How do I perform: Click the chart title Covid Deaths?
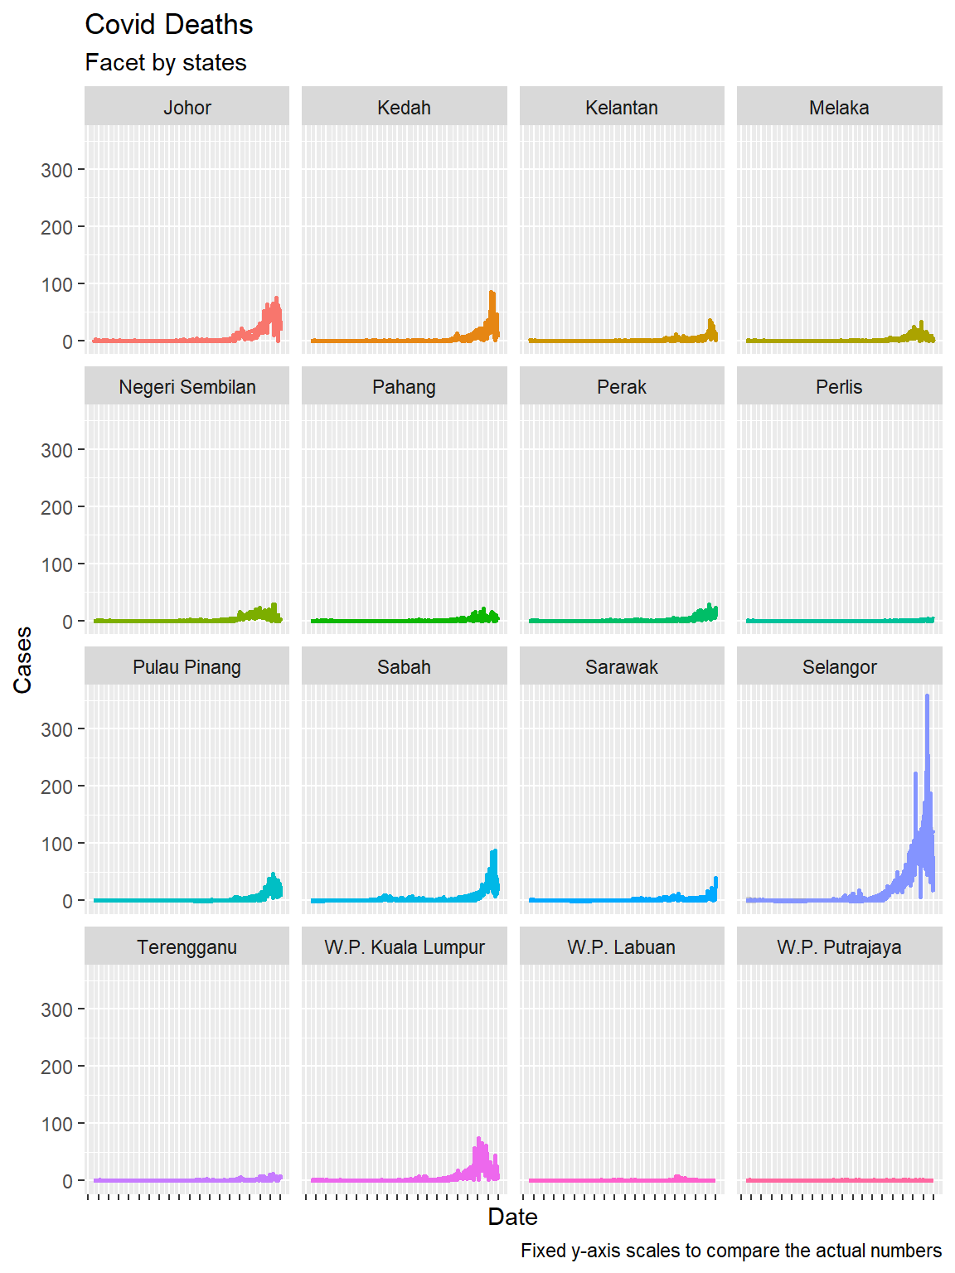[169, 25]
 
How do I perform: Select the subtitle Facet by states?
[166, 63]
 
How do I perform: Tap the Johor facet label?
[187, 108]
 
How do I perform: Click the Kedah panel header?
[404, 108]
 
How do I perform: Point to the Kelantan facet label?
[622, 108]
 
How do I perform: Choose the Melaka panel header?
[839, 108]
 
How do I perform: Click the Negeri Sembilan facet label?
[187, 387]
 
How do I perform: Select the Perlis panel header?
[839, 387]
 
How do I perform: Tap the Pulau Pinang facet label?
[187, 667]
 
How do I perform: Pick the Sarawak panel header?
[622, 667]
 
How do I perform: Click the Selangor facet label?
[839, 667]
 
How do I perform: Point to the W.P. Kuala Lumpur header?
[404, 947]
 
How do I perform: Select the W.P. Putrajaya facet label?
[839, 947]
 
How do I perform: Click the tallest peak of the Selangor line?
[927, 696]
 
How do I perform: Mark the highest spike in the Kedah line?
[492, 293]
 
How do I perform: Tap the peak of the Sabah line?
[494, 851]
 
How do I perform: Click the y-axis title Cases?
[22, 660]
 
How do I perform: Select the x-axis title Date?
[512, 1217]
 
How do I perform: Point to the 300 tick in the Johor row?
[56, 171]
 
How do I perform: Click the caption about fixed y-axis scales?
[730, 1251]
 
